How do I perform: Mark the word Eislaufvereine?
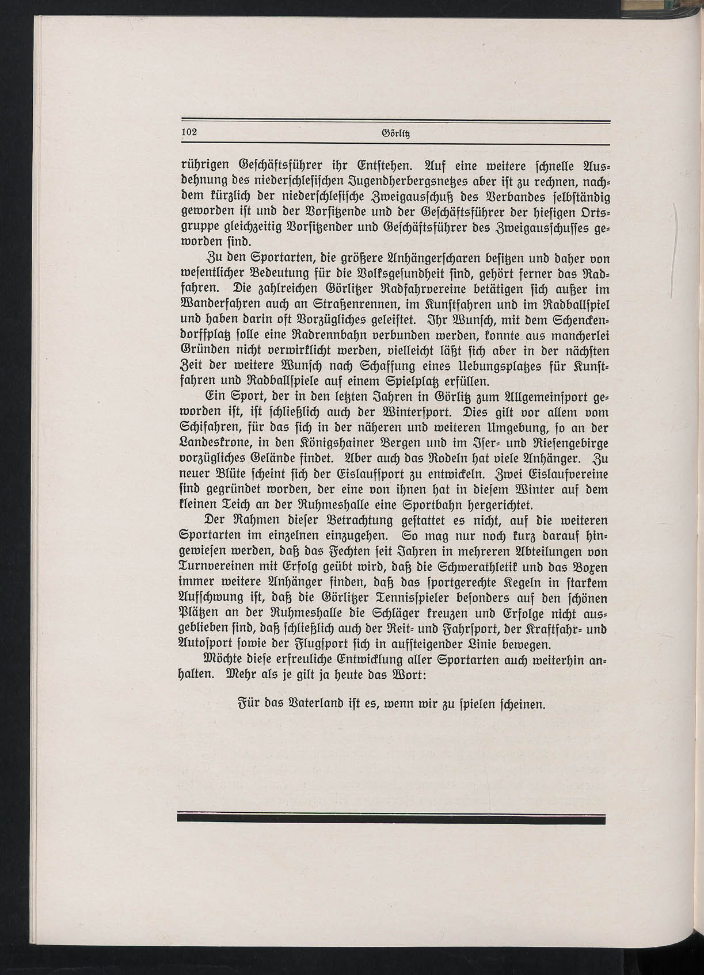(550, 475)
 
